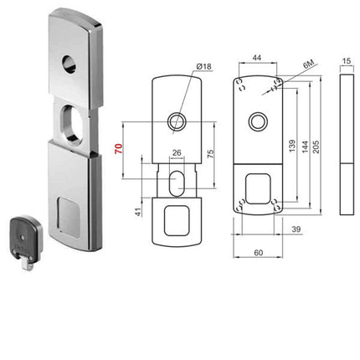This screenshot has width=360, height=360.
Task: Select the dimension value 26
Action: [176, 152]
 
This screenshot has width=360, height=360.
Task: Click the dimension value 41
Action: [139, 213]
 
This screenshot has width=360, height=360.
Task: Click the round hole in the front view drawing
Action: [176, 122]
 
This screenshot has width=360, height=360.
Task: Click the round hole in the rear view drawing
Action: [255, 122]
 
